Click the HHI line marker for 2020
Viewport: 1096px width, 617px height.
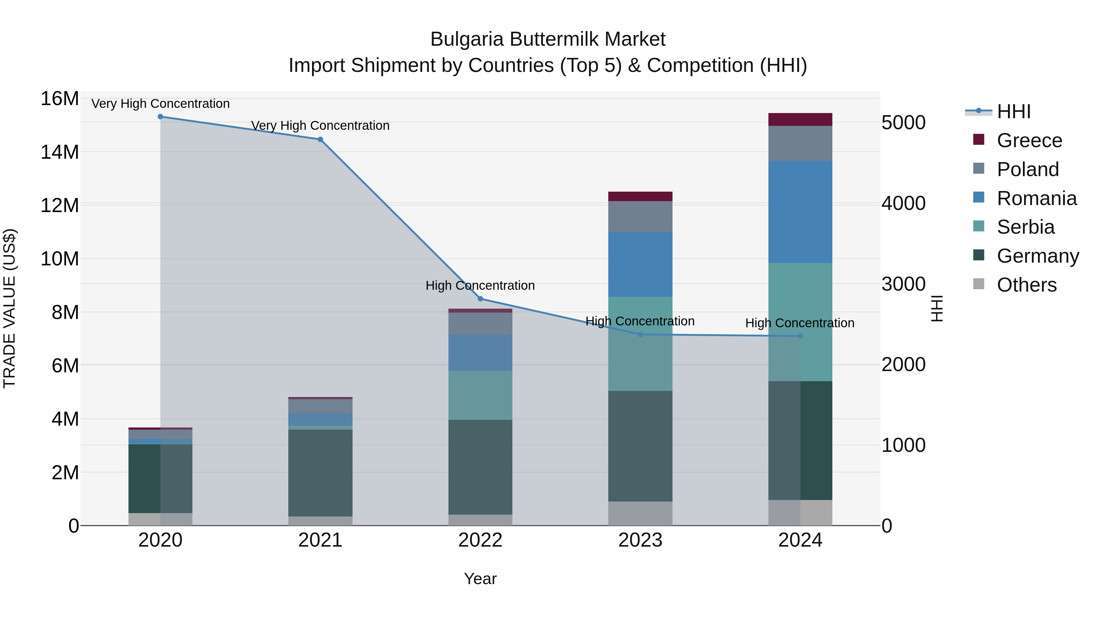[x=160, y=117]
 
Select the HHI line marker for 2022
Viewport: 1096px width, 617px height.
[x=480, y=299]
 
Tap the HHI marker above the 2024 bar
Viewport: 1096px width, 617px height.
[x=800, y=336]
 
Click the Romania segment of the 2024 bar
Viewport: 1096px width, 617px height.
[x=800, y=212]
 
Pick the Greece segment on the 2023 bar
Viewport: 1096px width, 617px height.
[x=640, y=196]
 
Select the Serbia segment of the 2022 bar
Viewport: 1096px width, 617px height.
[x=480, y=395]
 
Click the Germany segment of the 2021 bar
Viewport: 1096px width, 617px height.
[x=320, y=473]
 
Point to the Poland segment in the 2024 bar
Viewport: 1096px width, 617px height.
[x=800, y=143]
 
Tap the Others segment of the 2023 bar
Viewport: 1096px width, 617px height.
[x=640, y=513]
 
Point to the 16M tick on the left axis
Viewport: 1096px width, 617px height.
[x=60, y=99]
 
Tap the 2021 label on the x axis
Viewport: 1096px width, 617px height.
[x=320, y=540]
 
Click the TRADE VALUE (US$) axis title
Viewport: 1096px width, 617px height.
[x=9, y=308]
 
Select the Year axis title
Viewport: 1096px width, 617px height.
[x=480, y=579]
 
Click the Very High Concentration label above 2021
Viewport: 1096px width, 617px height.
[x=320, y=126]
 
